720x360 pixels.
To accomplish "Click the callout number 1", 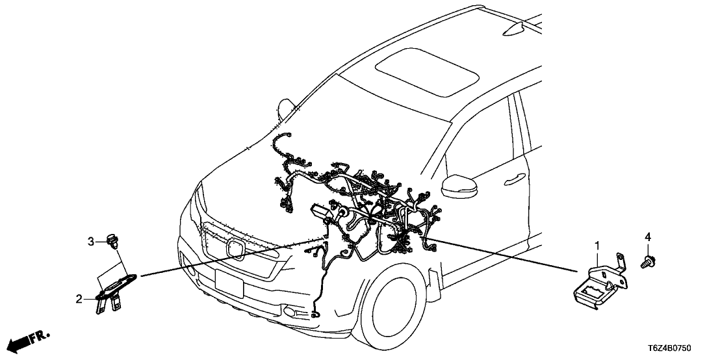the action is click(x=597, y=246).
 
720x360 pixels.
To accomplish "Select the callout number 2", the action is click(x=79, y=299).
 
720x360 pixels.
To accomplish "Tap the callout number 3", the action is click(x=91, y=240).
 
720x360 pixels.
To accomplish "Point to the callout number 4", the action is click(x=648, y=237).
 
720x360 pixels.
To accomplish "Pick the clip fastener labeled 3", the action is click(x=112, y=240).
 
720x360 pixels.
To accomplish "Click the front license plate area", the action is click(x=229, y=283).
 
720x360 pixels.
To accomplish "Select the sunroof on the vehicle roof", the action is click(x=420, y=71).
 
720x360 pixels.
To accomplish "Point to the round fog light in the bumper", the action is click(x=290, y=312).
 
